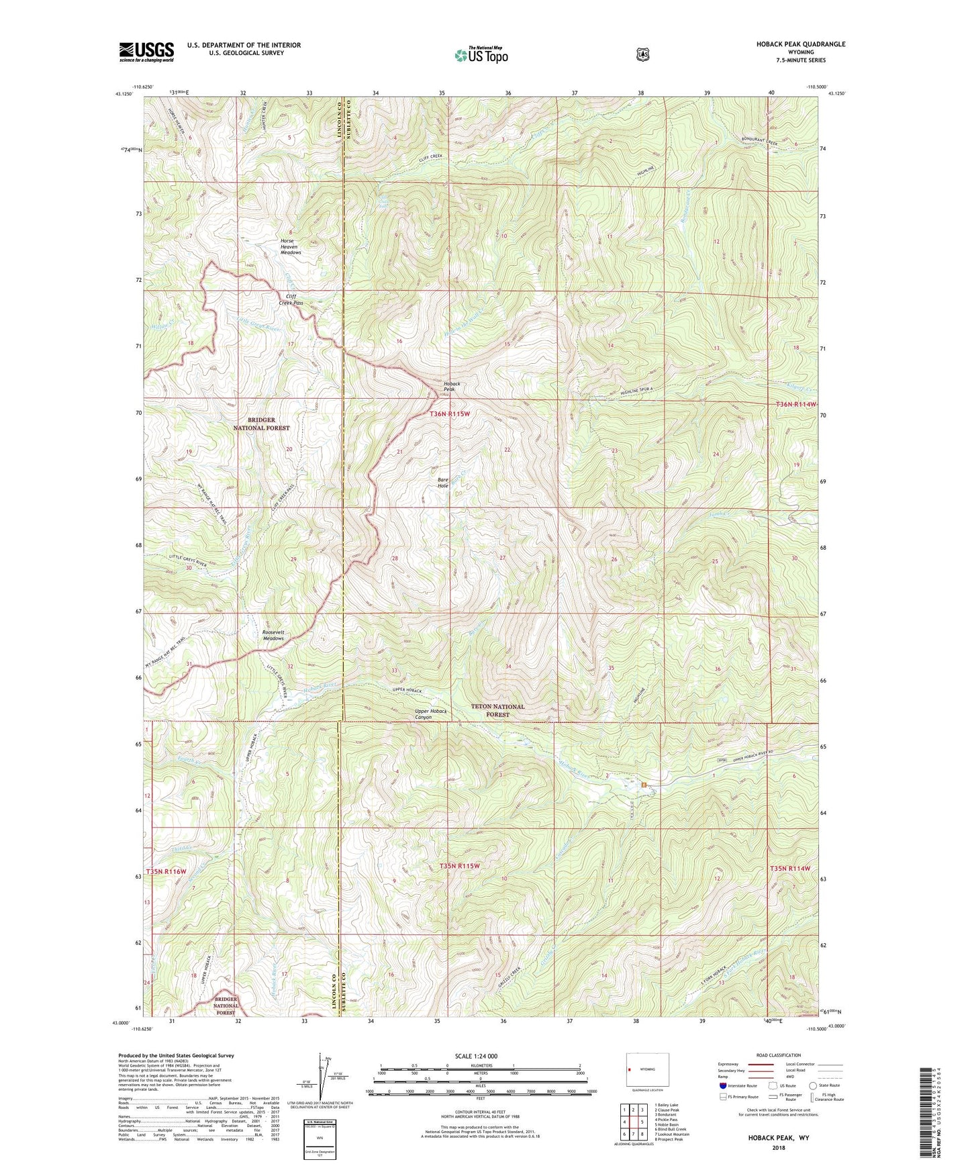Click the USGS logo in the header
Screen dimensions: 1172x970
coord(146,52)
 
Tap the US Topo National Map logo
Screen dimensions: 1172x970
coord(481,54)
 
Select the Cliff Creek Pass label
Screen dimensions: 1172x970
coord(291,299)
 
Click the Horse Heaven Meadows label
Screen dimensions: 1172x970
coord(291,246)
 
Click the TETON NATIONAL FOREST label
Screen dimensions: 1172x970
coord(497,710)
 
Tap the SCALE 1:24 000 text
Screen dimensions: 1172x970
coord(476,1056)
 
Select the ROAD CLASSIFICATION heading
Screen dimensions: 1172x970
coord(778,1055)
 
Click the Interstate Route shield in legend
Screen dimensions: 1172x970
coord(722,1085)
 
